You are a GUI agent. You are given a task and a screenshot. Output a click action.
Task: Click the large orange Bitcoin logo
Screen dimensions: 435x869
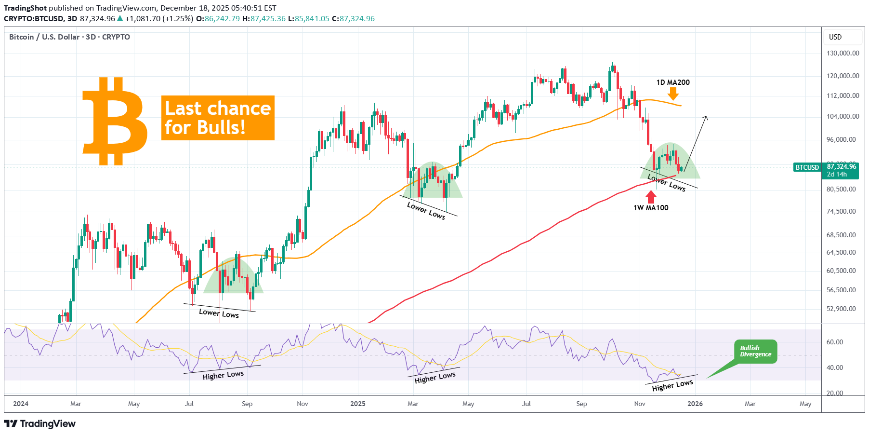coord(115,122)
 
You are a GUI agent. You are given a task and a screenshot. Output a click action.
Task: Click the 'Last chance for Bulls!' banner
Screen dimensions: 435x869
coord(218,118)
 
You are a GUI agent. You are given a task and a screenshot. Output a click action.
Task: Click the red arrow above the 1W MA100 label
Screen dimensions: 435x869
coord(651,196)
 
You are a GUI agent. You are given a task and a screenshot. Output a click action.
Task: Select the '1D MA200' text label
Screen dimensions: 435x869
coord(673,82)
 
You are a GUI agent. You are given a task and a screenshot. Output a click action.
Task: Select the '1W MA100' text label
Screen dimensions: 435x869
coord(651,208)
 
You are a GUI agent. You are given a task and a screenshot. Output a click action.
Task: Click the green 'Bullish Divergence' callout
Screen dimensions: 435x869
coord(755,352)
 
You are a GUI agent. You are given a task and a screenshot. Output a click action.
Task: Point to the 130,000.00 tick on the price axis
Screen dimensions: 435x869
coord(843,53)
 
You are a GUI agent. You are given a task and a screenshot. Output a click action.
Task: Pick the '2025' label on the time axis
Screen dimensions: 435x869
coord(358,404)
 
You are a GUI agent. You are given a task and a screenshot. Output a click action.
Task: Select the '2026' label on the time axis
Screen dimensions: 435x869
coord(695,404)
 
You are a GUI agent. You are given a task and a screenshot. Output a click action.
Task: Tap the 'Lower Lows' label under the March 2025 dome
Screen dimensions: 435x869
coord(426,210)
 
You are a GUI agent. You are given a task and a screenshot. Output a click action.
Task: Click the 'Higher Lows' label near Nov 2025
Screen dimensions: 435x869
coord(672,385)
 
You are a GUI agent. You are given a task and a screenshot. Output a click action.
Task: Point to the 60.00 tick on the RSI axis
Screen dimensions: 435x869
coord(835,342)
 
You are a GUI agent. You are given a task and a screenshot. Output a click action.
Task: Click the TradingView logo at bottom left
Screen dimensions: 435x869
coord(40,423)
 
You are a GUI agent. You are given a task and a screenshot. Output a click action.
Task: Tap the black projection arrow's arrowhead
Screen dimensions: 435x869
coord(706,117)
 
